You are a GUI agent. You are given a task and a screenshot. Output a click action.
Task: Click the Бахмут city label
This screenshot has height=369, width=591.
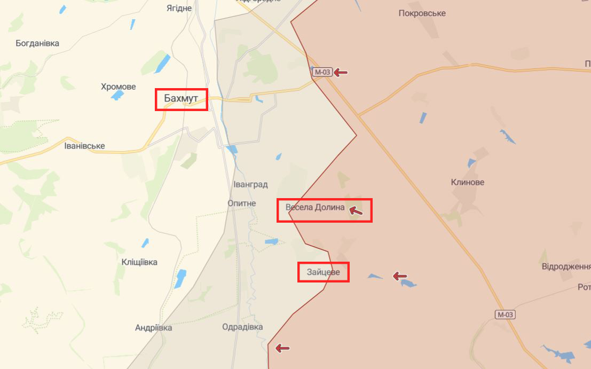click(181, 99)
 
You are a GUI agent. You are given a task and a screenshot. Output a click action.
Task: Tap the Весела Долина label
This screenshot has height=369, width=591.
click(315, 208)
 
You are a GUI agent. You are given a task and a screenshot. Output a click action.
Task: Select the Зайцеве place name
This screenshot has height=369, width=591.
click(323, 272)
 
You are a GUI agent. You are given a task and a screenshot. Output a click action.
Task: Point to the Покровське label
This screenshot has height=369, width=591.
click(422, 13)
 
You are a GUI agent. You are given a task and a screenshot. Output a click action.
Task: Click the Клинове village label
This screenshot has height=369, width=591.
click(468, 182)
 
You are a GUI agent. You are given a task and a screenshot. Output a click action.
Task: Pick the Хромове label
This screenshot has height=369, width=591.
click(119, 87)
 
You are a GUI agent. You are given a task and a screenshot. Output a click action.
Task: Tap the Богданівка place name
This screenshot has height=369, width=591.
click(37, 43)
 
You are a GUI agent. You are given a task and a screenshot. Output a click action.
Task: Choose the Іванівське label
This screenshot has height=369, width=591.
click(84, 146)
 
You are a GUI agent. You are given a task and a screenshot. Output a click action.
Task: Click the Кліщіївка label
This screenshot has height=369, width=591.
click(139, 262)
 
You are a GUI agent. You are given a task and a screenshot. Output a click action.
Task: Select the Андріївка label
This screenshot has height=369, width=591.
click(153, 328)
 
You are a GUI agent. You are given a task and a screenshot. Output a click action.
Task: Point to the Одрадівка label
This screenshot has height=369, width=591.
click(242, 327)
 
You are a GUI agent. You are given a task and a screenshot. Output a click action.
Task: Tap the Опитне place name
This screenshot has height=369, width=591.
click(242, 203)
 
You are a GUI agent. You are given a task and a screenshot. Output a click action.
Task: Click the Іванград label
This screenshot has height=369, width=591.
click(250, 185)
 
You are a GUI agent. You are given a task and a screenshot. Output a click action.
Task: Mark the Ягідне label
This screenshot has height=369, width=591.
click(179, 8)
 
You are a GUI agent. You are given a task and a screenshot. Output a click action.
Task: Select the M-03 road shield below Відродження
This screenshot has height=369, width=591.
click(505, 315)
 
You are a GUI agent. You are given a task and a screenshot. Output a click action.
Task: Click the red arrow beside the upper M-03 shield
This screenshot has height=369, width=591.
click(341, 72)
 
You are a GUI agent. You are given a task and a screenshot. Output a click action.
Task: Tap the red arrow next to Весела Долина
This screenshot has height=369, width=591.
click(356, 212)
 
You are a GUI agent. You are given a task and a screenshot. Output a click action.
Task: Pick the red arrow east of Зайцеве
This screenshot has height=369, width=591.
click(399, 276)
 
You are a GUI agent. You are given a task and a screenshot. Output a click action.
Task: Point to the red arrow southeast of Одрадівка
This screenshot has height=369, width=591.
click(282, 349)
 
